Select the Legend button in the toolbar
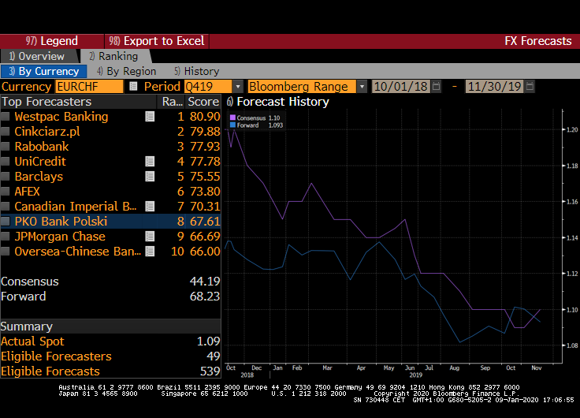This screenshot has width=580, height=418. click(x=52, y=41)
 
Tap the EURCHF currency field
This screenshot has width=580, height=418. click(x=89, y=87)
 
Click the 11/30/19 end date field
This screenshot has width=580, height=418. click(x=494, y=87)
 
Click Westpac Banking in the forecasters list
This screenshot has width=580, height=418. click(x=61, y=117)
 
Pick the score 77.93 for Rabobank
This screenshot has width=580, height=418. click(x=204, y=147)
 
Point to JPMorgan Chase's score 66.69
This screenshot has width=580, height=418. click(x=204, y=237)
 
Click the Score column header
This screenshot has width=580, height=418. click(x=203, y=102)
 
